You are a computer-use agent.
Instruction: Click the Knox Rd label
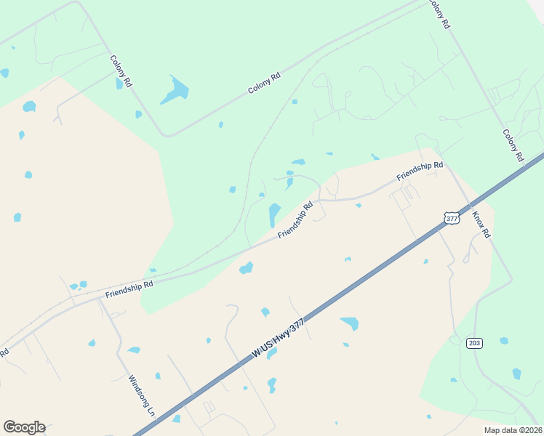pos(481,226)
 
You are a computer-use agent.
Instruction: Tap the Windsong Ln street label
pos(143,395)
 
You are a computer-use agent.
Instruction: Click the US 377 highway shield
pos(452,218)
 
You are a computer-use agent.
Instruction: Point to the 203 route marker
pos(475,342)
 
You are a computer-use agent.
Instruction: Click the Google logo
pos(24,427)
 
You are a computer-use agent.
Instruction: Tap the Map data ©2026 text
pos(512,430)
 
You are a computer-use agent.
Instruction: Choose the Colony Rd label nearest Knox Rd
pos(513,145)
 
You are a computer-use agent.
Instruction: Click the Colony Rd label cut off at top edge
pos(439,13)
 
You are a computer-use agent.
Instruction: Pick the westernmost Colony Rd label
pos(121,71)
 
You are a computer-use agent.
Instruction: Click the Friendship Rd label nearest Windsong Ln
pos(129,289)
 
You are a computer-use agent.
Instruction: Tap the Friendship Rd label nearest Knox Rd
pos(420,171)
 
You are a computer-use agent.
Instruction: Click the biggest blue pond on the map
pos(175,90)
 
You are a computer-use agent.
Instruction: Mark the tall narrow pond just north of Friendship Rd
pos(274,214)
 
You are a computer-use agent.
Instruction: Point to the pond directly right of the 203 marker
pos(504,341)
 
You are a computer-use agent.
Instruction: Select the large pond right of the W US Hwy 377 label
pos(350,323)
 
